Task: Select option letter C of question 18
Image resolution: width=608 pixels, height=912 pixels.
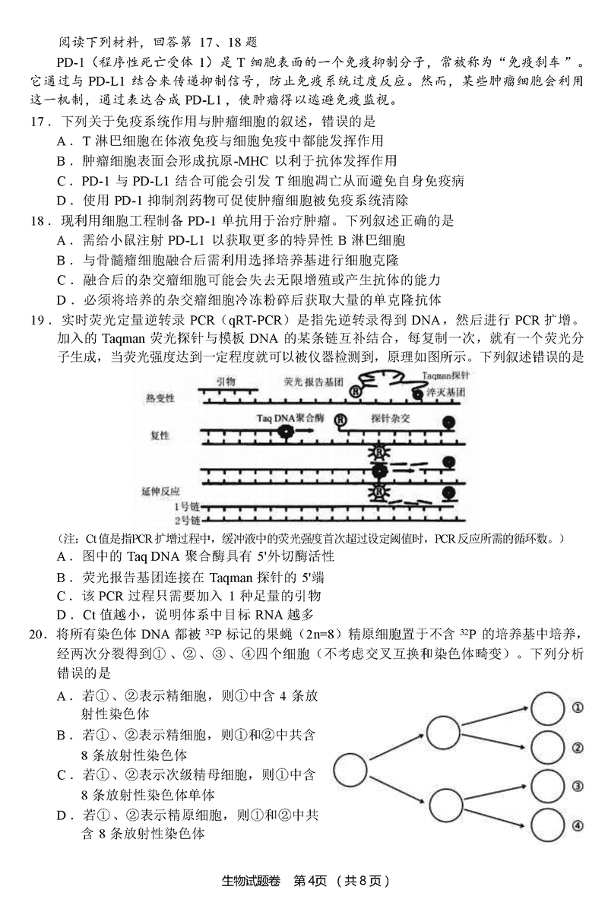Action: tap(62, 280)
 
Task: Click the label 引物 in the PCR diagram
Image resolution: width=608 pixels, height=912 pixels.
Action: tap(226, 382)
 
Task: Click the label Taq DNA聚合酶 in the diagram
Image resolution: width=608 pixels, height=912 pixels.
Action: tap(290, 418)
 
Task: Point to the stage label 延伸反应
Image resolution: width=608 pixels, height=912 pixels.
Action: tap(161, 491)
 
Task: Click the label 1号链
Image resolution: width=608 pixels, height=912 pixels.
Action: tap(186, 506)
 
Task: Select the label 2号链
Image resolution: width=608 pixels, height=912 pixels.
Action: tap(186, 521)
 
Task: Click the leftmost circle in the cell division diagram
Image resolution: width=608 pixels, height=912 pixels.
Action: tap(350, 769)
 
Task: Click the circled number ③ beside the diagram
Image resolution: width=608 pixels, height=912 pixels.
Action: tap(578, 787)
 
